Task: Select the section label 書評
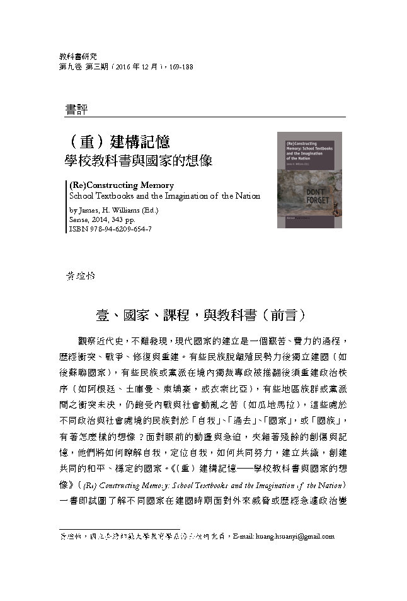point(76,109)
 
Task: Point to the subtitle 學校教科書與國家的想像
point(139,161)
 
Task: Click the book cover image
point(309,180)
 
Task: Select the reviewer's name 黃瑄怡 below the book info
point(78,275)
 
